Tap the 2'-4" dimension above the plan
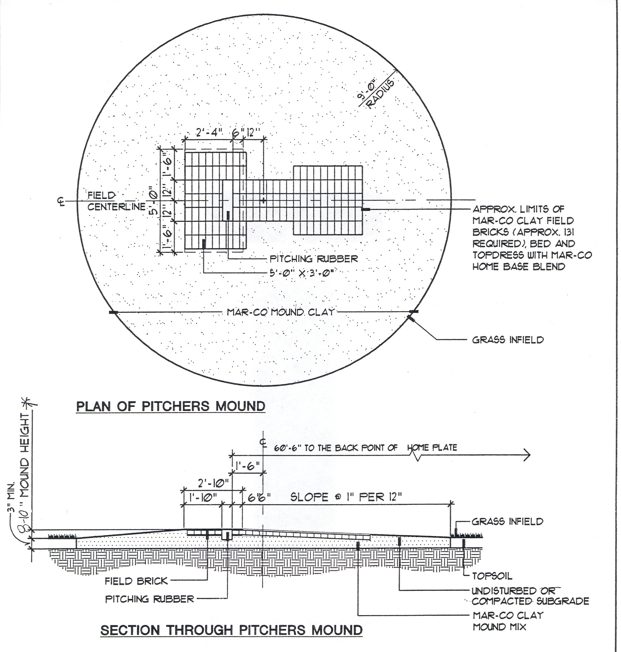coord(209,133)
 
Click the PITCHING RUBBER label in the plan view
coord(314,259)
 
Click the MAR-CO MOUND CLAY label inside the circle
coord(280,312)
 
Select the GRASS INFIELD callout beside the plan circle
coord(508,340)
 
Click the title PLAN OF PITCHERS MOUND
coord(171,406)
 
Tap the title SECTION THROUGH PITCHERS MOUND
coord(232,630)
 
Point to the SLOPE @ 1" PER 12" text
coord(346,497)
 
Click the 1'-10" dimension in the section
coord(203,498)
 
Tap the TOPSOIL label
coord(492,576)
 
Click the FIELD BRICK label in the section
coord(136,581)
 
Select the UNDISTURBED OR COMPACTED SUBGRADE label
coord(530,596)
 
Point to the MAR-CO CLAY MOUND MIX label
coord(508,621)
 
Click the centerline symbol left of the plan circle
coord(61,201)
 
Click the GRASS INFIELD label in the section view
coord(507,522)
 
